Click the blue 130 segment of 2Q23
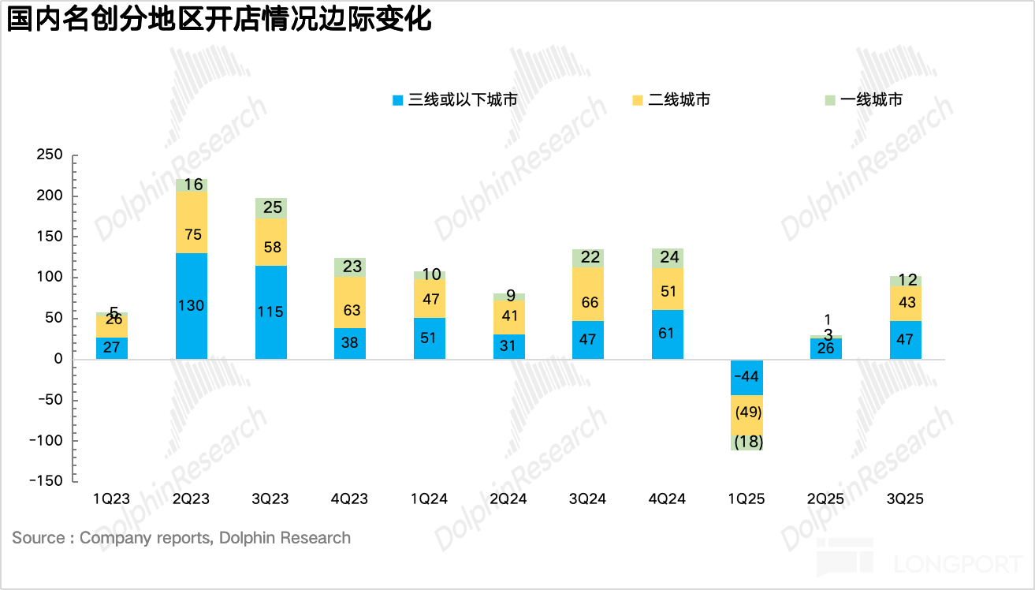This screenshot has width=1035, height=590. click(x=192, y=306)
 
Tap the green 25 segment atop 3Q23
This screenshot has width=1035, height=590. click(x=270, y=208)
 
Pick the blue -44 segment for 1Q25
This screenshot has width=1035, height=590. click(x=746, y=377)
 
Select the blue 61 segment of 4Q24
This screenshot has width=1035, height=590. click(x=668, y=334)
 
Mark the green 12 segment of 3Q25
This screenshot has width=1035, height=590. click(x=905, y=281)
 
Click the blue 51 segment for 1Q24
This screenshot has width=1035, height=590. click(x=430, y=338)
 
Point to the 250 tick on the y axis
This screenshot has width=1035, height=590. click(x=50, y=155)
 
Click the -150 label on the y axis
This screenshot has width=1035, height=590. click(x=47, y=481)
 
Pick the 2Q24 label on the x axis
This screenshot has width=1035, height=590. click(x=508, y=499)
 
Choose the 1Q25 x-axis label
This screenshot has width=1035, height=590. click(x=746, y=499)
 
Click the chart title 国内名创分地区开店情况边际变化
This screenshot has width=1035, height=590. click(x=220, y=19)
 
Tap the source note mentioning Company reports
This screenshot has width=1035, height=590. click(x=181, y=538)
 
